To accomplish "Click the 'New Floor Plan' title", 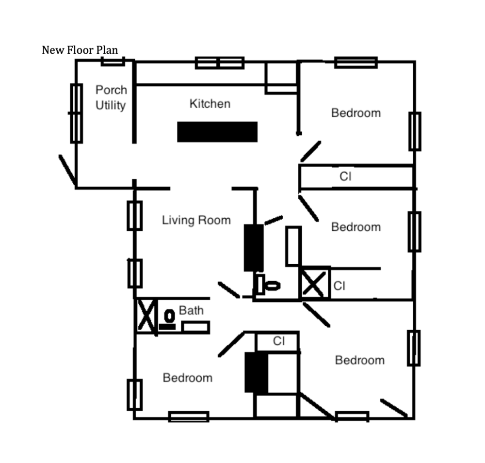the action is [80, 50].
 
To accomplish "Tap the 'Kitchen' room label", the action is [210, 104].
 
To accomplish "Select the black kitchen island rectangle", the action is [217, 132].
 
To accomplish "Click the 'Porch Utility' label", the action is [111, 97].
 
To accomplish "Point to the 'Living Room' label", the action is [196, 221].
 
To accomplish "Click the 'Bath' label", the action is [192, 311].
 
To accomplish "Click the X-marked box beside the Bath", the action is [146, 316].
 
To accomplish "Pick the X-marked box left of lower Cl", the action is [314, 283].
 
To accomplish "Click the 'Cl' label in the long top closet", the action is [345, 177].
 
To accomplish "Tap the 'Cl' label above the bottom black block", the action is [278, 341].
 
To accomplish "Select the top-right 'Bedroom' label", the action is [356, 113].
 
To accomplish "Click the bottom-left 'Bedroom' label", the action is [187, 378].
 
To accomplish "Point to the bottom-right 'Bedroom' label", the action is [359, 360].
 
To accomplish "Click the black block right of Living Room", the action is [253, 247].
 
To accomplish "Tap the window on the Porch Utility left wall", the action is [76, 113].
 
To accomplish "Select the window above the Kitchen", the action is [219, 63].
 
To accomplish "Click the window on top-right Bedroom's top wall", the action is [356, 63].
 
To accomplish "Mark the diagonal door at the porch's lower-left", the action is [67, 170].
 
